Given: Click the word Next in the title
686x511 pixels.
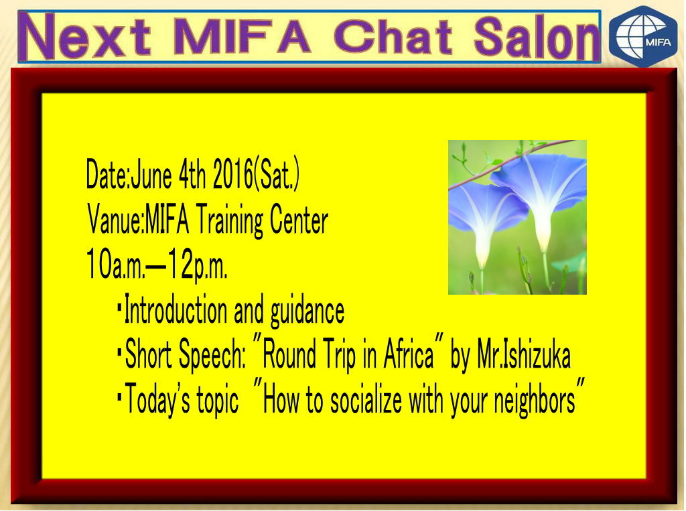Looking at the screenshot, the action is click(88, 36).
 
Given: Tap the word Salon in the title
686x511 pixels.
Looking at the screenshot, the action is click(535, 38).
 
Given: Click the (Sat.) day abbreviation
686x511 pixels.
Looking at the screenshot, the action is click(277, 175).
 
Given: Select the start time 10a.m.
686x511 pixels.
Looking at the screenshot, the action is click(115, 264).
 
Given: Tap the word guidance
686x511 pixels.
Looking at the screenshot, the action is click(307, 310).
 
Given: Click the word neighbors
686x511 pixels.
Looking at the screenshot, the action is click(534, 400).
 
